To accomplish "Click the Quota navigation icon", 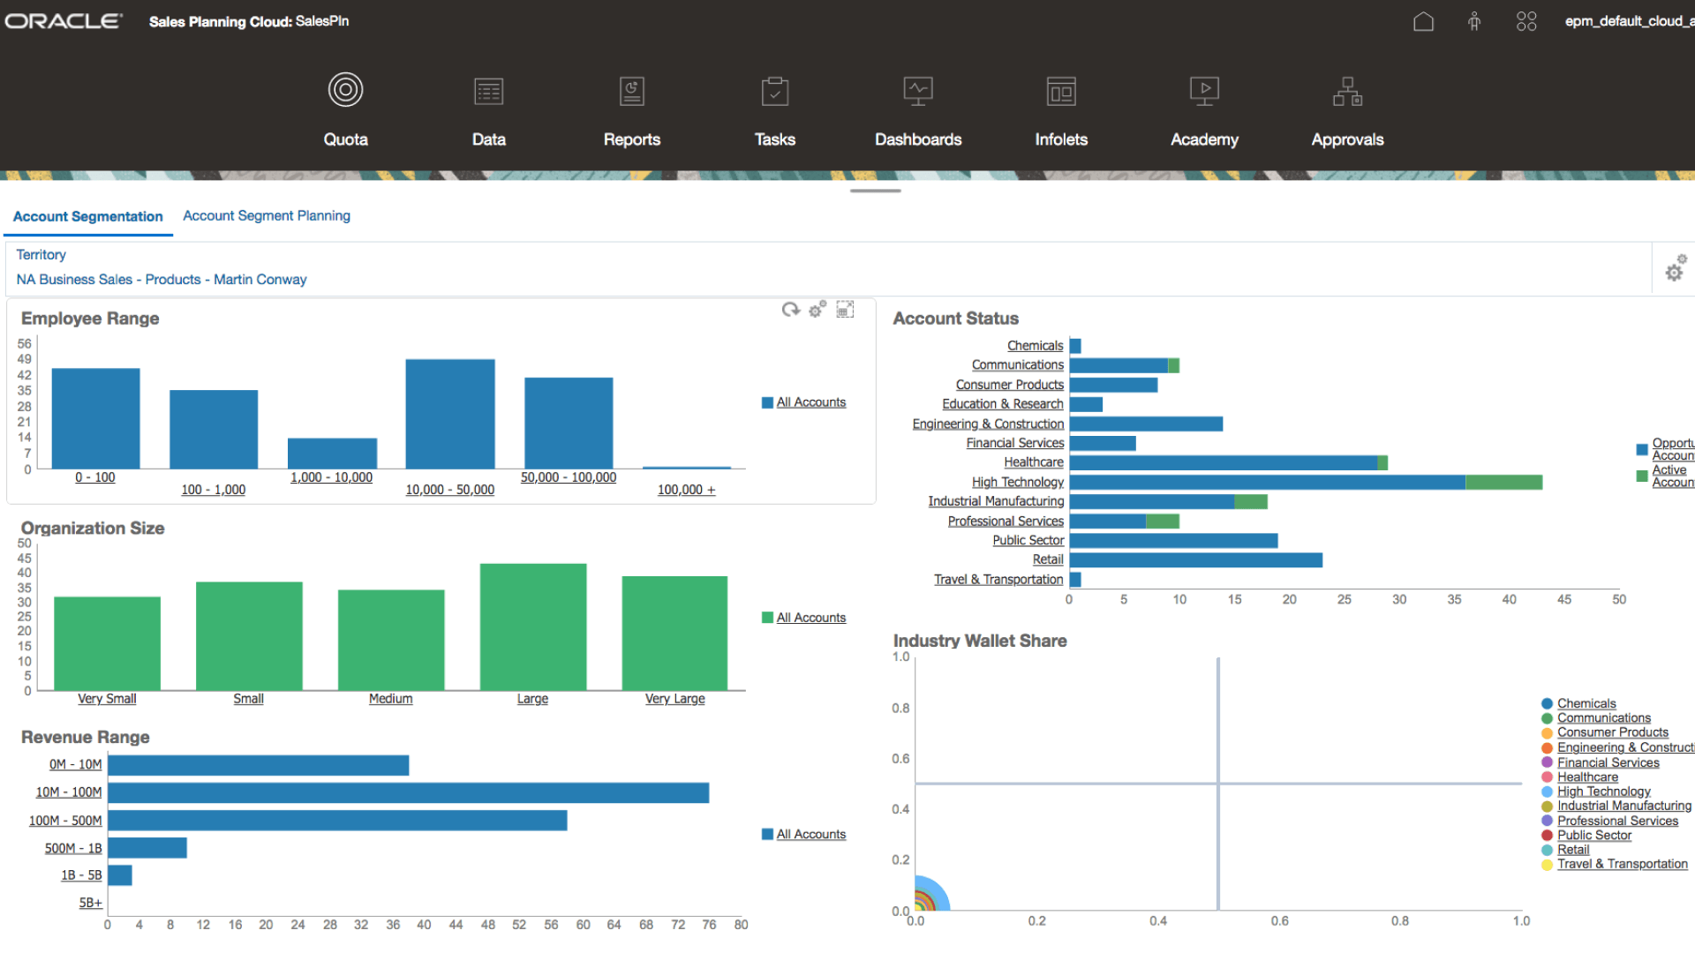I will [x=345, y=90].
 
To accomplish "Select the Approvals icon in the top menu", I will [x=1347, y=92].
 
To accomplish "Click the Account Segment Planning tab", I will [x=267, y=215].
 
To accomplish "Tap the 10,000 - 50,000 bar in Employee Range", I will [x=449, y=413].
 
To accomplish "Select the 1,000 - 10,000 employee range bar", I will [x=332, y=453].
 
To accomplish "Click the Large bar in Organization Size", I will [x=532, y=627].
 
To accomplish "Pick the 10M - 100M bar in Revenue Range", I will [x=408, y=792].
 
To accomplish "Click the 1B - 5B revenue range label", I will [x=81, y=875].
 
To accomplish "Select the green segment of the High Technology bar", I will [x=1503, y=482].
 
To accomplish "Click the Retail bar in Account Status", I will [x=1195, y=559].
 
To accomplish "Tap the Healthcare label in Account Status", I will [x=1033, y=462].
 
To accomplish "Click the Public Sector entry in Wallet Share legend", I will [x=1593, y=835].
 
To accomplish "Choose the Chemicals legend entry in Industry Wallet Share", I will [x=1586, y=703].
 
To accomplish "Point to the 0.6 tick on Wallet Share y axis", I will [x=900, y=758].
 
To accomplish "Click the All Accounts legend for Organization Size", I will [x=810, y=618].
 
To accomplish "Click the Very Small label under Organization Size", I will [x=107, y=698].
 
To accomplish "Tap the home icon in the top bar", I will [x=1423, y=21].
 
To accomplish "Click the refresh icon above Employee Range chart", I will [x=790, y=309].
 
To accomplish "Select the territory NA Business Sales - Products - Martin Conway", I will [x=162, y=279].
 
